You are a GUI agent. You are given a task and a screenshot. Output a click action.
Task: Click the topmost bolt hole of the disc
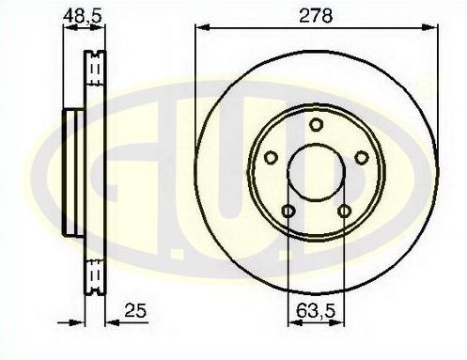[317, 126]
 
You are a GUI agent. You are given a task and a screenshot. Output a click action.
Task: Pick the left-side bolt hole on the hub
[271, 159]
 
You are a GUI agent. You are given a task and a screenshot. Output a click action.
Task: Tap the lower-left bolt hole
[288, 211]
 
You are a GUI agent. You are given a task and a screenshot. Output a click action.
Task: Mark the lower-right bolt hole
[345, 211]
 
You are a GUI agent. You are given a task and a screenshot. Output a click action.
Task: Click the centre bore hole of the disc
[317, 173]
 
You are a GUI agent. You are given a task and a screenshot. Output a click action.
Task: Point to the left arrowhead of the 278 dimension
[200, 28]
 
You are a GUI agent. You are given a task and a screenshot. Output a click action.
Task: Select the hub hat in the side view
[71, 173]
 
